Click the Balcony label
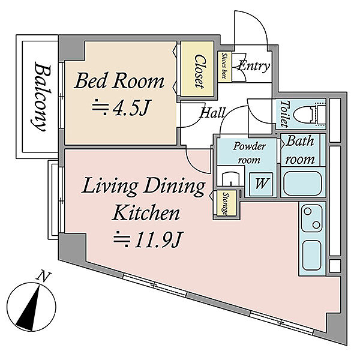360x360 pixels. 41,97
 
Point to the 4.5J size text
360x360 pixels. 121,107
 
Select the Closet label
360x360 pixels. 199,71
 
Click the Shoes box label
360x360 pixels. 224,66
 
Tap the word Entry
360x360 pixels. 254,67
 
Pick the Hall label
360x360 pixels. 212,113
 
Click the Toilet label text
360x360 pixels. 284,114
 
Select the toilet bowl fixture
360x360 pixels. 310,114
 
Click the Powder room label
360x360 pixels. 250,153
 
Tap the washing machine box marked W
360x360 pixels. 261,184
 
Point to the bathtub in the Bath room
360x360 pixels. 302,184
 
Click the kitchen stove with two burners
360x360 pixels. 312,218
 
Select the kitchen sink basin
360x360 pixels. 311,255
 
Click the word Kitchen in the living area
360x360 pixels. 146,212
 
